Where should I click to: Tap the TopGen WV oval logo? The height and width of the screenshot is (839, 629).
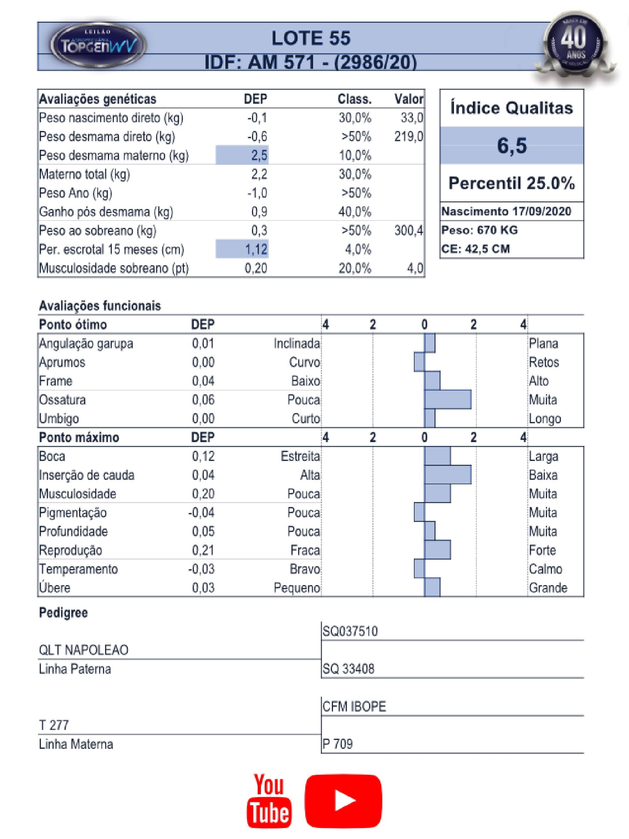point(98,45)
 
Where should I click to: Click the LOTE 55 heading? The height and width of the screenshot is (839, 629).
point(311,38)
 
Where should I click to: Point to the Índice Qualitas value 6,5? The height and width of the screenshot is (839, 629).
point(512,145)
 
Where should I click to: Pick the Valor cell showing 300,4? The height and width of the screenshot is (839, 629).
point(408,230)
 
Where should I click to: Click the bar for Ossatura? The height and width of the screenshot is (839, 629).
point(448,399)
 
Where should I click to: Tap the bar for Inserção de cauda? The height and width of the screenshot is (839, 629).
point(448,475)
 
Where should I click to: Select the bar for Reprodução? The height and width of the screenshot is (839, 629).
point(438,550)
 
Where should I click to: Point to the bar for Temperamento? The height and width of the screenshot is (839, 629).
point(419,568)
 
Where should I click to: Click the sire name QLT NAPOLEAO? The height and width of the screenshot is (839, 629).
point(83,650)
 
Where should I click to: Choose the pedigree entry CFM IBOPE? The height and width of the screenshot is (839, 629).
point(354,706)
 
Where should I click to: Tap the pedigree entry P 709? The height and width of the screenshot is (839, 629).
point(338,744)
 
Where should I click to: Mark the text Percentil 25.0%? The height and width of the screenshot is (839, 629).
point(512,183)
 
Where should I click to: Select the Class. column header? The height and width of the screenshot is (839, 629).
point(355,99)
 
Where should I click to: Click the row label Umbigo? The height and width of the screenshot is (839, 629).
point(59,418)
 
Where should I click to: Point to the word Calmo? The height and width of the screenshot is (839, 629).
point(546,569)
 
